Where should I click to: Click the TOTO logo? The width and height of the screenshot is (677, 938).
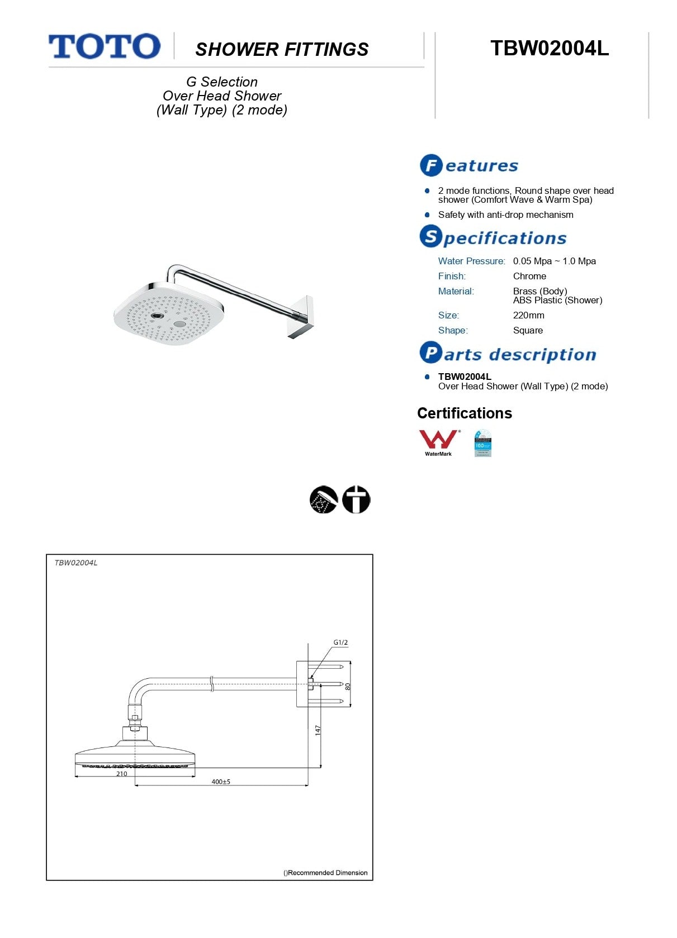point(105,46)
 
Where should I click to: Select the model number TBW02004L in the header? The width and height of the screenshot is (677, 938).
point(549,49)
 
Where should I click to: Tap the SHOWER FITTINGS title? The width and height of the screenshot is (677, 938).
point(282,50)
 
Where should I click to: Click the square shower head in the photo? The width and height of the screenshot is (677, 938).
point(169,315)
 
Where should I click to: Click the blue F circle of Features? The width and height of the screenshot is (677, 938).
point(431,165)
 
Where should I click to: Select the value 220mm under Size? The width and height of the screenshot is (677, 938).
point(528,315)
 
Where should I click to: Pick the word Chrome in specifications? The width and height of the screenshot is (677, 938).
point(529,276)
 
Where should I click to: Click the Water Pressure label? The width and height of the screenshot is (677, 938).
point(471,261)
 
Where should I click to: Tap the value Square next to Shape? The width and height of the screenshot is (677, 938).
point(528,330)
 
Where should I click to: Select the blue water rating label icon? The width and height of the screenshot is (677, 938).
point(482,443)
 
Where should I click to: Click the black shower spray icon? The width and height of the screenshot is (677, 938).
point(324,499)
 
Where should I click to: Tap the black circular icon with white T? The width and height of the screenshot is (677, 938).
point(356,499)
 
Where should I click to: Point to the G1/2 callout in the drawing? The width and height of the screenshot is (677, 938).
point(340,642)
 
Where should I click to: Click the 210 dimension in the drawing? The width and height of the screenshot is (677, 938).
point(122,774)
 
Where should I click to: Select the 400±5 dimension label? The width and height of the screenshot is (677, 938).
point(221,782)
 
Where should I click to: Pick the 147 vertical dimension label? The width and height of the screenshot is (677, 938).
point(318,730)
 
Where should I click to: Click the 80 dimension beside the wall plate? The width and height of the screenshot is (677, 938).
point(348,687)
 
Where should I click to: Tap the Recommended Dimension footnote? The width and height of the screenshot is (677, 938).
point(325,873)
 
